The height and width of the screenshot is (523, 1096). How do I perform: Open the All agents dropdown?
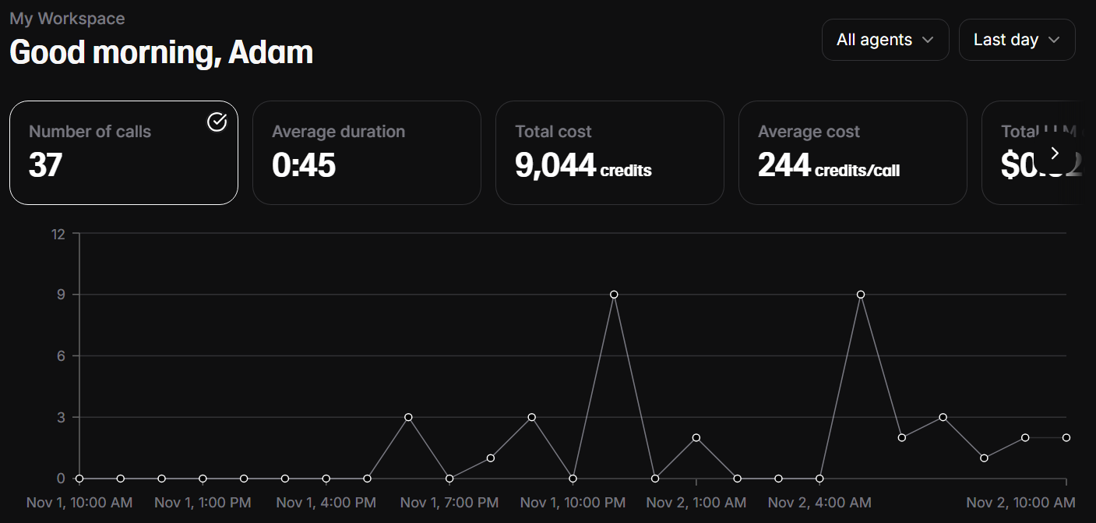(x=885, y=40)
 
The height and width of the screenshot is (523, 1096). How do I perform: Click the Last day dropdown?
(x=1017, y=40)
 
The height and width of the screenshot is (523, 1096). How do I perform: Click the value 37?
(x=45, y=164)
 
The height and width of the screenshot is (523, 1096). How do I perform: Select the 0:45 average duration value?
(x=304, y=164)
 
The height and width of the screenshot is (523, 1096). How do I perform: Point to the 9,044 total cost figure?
(x=555, y=164)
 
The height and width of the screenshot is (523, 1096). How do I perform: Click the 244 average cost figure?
(x=784, y=164)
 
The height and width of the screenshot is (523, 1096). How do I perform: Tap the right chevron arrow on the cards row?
(x=1055, y=153)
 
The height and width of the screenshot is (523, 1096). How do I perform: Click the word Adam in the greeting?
(x=270, y=52)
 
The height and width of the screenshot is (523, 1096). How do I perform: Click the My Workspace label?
(x=67, y=18)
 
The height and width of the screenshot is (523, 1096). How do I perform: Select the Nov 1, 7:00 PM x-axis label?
(x=449, y=503)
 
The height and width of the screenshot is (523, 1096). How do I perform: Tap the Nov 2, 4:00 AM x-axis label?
(x=819, y=503)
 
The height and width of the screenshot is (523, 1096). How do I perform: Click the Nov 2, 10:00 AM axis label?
(x=1020, y=503)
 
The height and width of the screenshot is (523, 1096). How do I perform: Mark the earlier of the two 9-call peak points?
(x=614, y=295)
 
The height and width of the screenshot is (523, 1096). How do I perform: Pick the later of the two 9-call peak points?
(x=861, y=295)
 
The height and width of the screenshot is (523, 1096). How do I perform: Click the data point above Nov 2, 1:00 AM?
(x=696, y=437)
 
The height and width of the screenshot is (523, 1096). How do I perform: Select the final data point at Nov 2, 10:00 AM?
(x=1066, y=437)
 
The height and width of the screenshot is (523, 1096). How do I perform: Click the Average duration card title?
(x=338, y=132)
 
